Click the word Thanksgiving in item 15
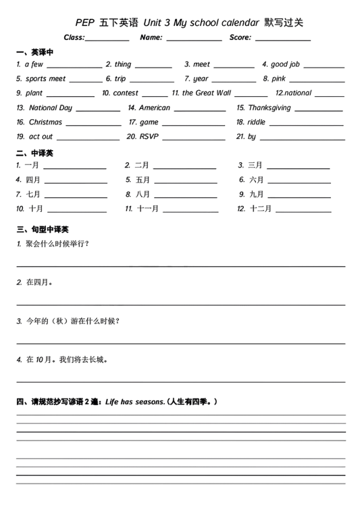pos(269,108)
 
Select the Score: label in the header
pos(240,38)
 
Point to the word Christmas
pos(45,122)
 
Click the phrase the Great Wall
pos(206,93)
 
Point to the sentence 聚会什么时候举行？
pos(57,244)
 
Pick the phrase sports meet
pos(45,79)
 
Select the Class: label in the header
pos(74,38)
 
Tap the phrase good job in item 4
pos(285,64)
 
